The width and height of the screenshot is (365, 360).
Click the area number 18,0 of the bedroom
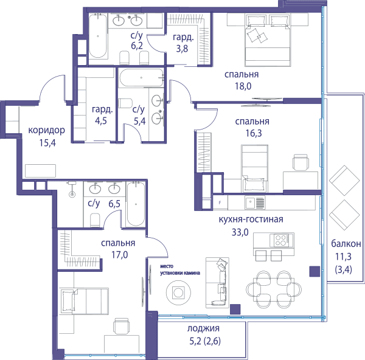pyautogui.click(x=243, y=86)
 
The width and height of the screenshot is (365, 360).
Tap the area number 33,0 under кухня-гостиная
pyautogui.click(x=240, y=232)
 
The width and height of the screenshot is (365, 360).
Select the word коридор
pyautogui.click(x=47, y=130)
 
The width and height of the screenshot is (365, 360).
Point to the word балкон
pyautogui.click(x=346, y=244)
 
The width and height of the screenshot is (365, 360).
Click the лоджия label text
pyautogui.click(x=203, y=328)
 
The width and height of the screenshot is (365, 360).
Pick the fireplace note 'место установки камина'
pyautogui.click(x=180, y=270)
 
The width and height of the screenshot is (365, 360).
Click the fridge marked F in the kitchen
pyautogui.click(x=220, y=202)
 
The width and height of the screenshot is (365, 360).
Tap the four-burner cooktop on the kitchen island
pyautogui.click(x=281, y=240)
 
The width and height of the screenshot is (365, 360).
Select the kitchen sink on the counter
pyautogui.click(x=255, y=202)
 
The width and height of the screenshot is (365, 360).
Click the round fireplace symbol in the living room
pyautogui.click(x=178, y=292)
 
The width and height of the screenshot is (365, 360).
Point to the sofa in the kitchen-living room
pyautogui.click(x=217, y=283)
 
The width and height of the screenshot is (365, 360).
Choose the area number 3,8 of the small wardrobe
pyautogui.click(x=182, y=49)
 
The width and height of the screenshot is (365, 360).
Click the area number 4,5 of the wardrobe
pyautogui.click(x=101, y=121)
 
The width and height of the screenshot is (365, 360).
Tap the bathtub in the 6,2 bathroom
pyautogui.click(x=98, y=36)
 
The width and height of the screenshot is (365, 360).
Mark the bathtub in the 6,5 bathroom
pyautogui.click(x=136, y=204)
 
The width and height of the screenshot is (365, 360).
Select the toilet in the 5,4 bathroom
pyautogui.click(x=125, y=103)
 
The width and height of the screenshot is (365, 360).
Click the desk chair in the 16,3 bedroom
pyautogui.click(x=301, y=162)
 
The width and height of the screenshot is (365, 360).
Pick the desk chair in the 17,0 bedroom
pyautogui.click(x=121, y=327)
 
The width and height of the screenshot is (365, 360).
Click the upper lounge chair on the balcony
pyautogui.click(x=344, y=181)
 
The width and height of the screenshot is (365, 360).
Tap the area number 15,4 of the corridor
pyautogui.click(x=47, y=143)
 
